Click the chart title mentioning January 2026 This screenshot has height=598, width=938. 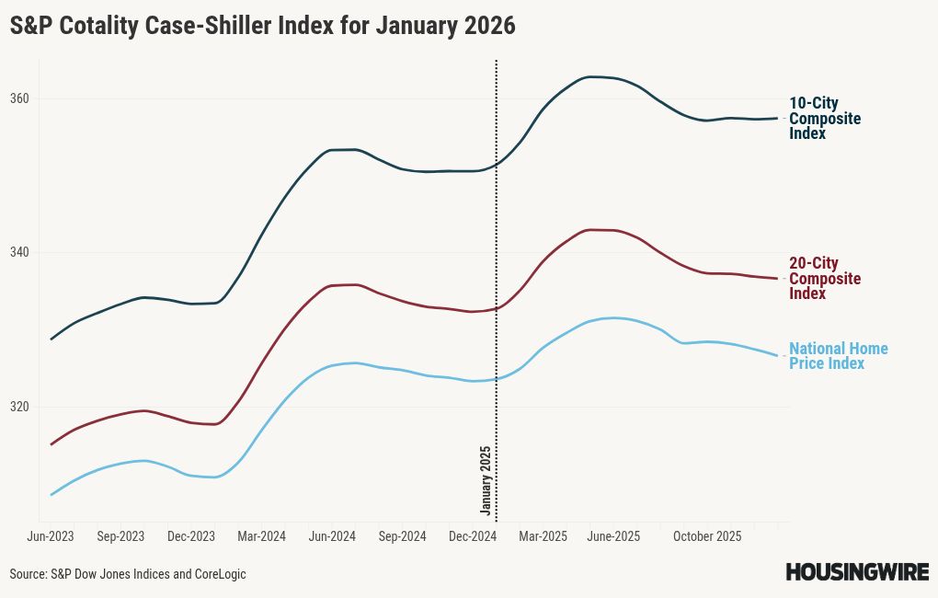(x=262, y=27)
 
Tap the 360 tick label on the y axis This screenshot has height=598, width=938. (x=20, y=98)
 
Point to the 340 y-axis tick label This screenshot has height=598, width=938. (x=20, y=253)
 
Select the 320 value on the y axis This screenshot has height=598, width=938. (x=20, y=407)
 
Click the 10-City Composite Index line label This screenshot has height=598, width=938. (x=824, y=119)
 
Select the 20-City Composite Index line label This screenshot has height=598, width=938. (x=824, y=279)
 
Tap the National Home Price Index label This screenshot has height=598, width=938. (x=838, y=356)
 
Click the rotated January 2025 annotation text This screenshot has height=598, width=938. (x=486, y=479)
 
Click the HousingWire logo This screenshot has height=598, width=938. (x=856, y=572)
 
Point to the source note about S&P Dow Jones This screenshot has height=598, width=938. (x=128, y=574)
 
